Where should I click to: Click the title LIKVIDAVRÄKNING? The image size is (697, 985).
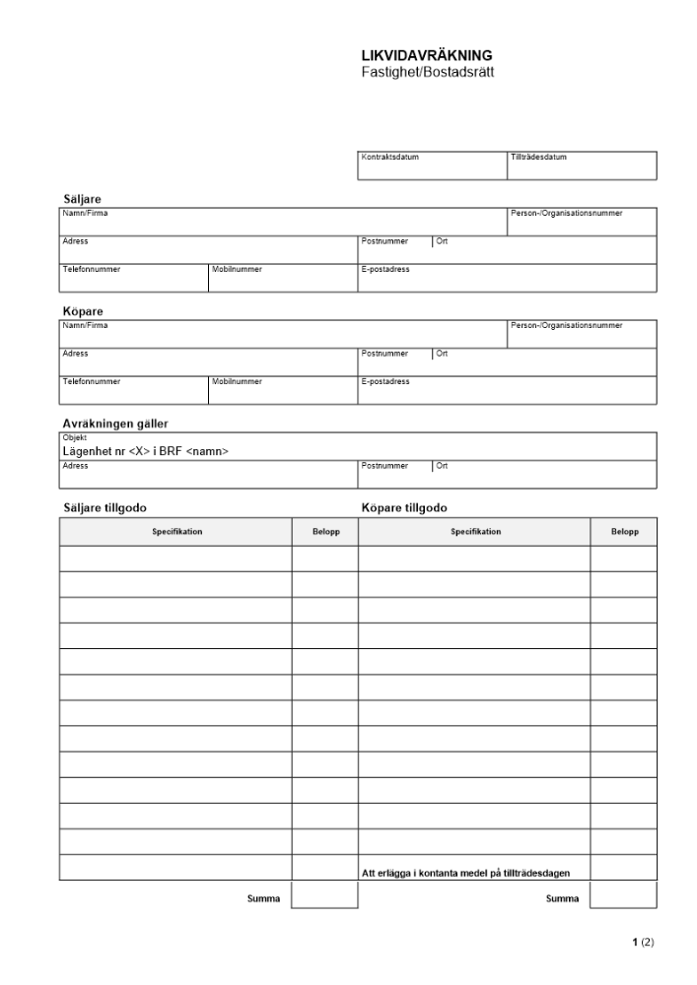pos(427,56)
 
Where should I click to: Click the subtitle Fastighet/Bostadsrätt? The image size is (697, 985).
pos(427,72)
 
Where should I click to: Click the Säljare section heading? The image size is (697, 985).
pos(82,199)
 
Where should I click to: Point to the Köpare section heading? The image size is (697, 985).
pos(83,311)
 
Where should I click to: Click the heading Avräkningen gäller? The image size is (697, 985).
pos(115,424)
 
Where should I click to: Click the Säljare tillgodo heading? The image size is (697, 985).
pos(105,507)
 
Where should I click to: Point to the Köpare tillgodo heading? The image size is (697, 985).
pos(404,507)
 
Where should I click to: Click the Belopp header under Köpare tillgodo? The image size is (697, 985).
pos(623,532)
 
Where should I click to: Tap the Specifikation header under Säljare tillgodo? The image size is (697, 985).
pos(175,532)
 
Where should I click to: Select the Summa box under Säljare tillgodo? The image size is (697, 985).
pos(324,894)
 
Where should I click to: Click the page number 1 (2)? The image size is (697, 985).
pos(641,943)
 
